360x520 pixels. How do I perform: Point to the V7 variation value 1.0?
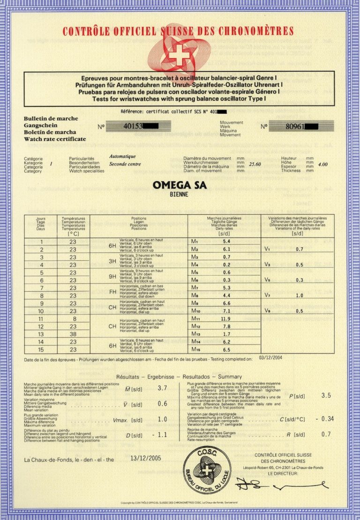tap(300, 295)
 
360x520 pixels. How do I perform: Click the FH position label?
tap(112, 292)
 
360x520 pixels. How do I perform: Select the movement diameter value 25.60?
tap(255, 164)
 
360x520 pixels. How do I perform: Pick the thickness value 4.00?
tap(322, 164)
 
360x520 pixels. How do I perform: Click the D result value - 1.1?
tap(159, 435)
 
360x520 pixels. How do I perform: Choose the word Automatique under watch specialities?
tap(122, 156)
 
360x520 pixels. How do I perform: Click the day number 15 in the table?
tap(42, 349)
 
